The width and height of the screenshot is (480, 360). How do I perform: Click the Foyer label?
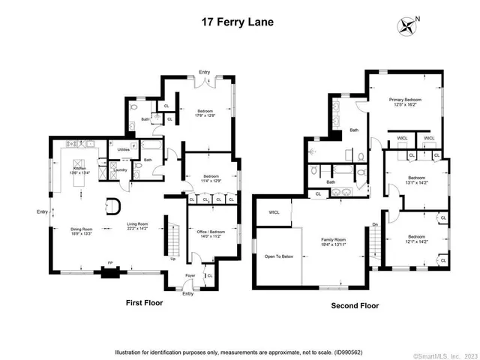[x=190, y=275]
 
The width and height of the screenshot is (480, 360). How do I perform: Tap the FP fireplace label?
[x=109, y=262]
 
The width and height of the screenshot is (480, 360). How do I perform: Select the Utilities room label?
[x=124, y=150]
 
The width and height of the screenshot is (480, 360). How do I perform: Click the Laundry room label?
[x=119, y=170]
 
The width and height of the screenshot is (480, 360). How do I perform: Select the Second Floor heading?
[x=355, y=305]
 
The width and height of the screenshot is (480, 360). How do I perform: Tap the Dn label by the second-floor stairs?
[x=375, y=223]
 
